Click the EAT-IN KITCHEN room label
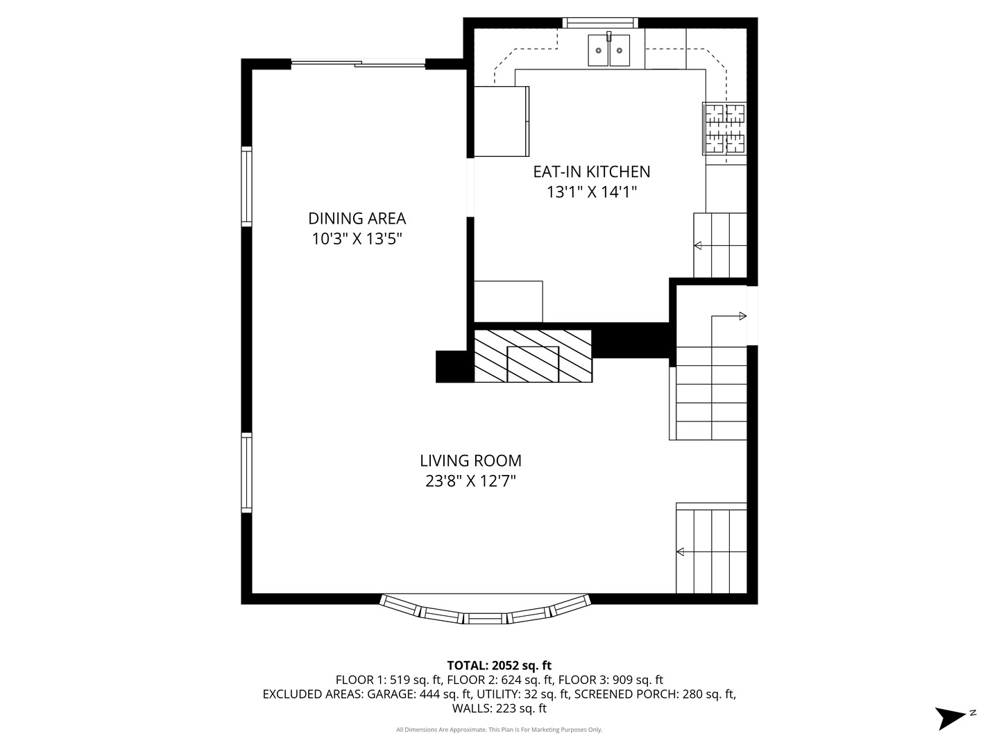[x=591, y=172]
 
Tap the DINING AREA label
[x=357, y=218]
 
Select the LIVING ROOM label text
[x=470, y=460]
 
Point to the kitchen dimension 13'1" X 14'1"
[x=591, y=192]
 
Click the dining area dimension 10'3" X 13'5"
[x=357, y=239]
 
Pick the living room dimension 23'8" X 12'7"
[x=470, y=481]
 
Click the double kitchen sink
[x=608, y=51]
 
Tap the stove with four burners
[x=725, y=128]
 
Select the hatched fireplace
[x=533, y=356]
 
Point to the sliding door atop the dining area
[x=358, y=64]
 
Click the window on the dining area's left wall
[x=246, y=186]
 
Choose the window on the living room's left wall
[x=246, y=472]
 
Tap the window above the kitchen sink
[x=599, y=23]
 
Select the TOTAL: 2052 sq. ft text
[x=499, y=665]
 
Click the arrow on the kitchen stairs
[x=698, y=245]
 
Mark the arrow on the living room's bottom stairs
[x=681, y=552]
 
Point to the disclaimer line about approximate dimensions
[x=499, y=730]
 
